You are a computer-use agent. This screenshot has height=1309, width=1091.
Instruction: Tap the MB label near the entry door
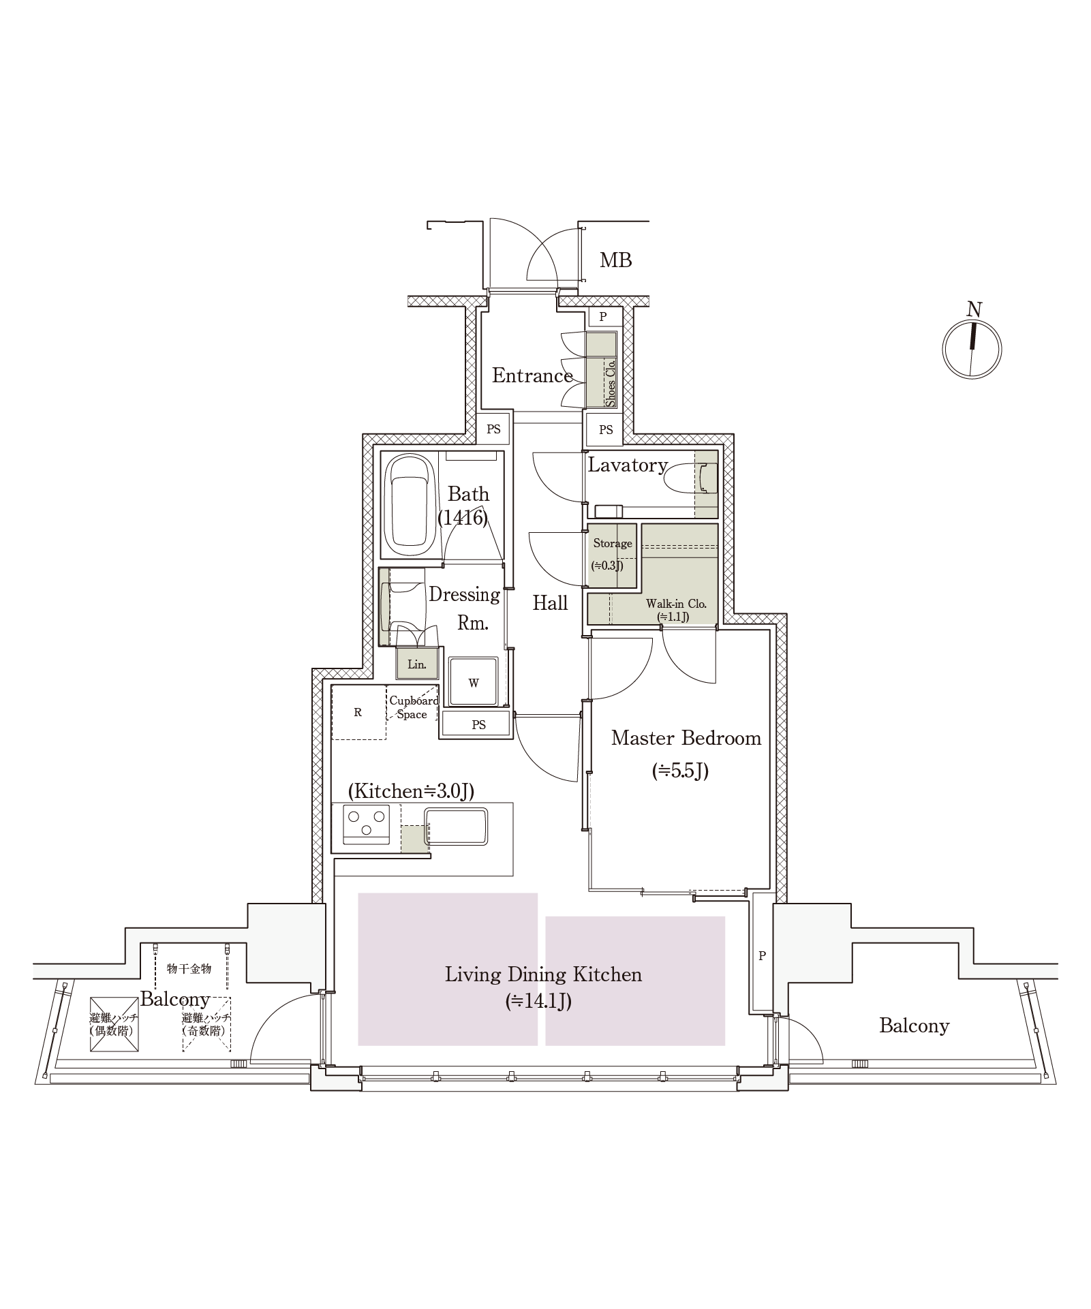click(x=615, y=260)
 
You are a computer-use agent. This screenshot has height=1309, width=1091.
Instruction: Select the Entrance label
click(x=532, y=375)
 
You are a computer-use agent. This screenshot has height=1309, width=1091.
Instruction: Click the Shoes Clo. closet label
click(x=611, y=383)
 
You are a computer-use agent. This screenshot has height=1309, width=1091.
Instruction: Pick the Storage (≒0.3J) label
click(x=612, y=553)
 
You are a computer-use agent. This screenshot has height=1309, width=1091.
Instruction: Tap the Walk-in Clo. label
click(x=675, y=609)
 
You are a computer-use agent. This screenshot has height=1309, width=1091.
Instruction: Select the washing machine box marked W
click(x=474, y=682)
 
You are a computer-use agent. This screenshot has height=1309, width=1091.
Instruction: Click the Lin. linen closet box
click(x=416, y=664)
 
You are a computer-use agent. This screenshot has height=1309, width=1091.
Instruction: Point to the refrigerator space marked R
click(x=358, y=713)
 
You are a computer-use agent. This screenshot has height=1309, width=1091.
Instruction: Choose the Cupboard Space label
click(x=413, y=707)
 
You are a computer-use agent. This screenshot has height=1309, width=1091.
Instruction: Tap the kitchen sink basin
click(x=456, y=826)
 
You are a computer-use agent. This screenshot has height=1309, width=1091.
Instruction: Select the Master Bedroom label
click(x=686, y=738)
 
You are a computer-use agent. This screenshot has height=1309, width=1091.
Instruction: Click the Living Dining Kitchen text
click(x=543, y=974)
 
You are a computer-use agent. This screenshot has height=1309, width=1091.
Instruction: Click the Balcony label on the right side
click(x=914, y=1026)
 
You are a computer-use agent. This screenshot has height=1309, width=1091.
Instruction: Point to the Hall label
click(x=550, y=603)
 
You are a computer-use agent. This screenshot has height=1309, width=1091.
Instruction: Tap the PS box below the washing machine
click(x=478, y=724)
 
